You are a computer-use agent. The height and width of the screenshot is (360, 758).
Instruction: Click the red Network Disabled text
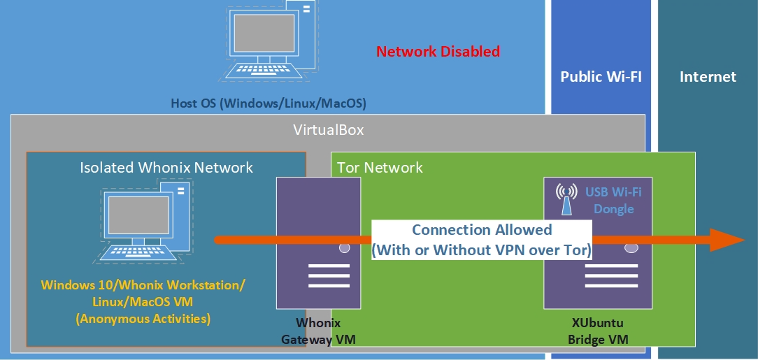pos(438,51)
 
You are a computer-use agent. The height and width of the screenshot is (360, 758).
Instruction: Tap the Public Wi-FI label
pos(601,77)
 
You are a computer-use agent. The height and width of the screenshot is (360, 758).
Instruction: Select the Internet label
pos(708,77)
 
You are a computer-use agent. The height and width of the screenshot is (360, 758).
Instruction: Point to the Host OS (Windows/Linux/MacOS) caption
pos(269,103)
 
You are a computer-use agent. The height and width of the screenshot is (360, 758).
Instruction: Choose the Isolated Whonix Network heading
pos(166,168)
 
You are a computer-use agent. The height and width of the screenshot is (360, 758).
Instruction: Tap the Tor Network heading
pos(380,168)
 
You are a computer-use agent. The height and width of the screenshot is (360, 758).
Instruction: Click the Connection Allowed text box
pos(482,240)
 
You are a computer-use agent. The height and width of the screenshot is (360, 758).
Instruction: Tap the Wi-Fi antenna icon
pos(565,199)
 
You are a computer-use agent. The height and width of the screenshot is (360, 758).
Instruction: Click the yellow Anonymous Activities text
pos(143,319)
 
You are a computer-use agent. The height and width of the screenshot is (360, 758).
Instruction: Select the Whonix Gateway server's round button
pos(344,248)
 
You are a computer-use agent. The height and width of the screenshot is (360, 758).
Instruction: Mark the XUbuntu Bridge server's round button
pos(631,248)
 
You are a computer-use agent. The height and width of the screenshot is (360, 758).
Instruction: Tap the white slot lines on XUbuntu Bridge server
pos(611,276)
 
